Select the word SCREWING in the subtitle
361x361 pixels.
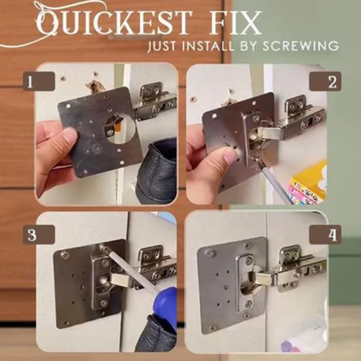click(301, 46)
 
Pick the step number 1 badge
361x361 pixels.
click(38, 81)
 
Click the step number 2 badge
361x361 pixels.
click(325, 81)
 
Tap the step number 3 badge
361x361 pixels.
click(38, 234)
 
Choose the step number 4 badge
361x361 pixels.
click(325, 234)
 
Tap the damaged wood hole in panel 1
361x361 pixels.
click(94, 86)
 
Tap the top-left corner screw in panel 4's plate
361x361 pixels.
click(210, 253)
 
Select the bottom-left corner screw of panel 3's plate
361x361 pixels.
click(66, 323)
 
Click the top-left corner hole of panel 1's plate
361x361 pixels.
click(69, 106)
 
